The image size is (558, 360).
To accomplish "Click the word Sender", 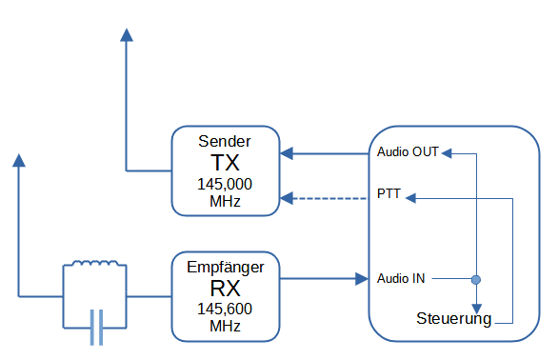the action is (225, 141).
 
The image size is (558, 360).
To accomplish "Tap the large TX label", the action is (225, 162).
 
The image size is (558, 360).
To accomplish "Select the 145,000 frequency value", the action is (225, 184).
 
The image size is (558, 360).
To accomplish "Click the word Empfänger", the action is (226, 268).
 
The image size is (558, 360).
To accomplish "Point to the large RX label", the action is (225, 288).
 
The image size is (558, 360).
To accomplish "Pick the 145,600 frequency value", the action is (225, 309).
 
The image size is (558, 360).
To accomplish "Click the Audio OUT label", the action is (408, 152).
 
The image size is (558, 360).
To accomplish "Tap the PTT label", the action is (389, 193).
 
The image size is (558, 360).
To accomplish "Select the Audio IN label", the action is (401, 278).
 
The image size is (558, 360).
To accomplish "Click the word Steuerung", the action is (453, 319).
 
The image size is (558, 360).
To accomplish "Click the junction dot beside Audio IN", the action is (476, 280).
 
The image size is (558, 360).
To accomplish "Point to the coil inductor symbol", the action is (95, 263).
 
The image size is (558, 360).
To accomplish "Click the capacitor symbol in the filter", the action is (96, 328).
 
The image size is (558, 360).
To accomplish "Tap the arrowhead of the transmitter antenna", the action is (127, 35).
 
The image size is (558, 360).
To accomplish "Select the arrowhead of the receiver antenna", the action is (19, 160).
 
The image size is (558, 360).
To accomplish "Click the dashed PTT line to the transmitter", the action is (324, 198).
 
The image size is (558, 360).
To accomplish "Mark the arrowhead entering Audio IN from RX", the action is (362, 279).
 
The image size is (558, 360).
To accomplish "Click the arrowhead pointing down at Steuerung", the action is (476, 309).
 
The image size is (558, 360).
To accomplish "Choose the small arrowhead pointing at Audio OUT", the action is (447, 153).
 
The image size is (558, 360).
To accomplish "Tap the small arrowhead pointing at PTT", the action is (410, 198).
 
